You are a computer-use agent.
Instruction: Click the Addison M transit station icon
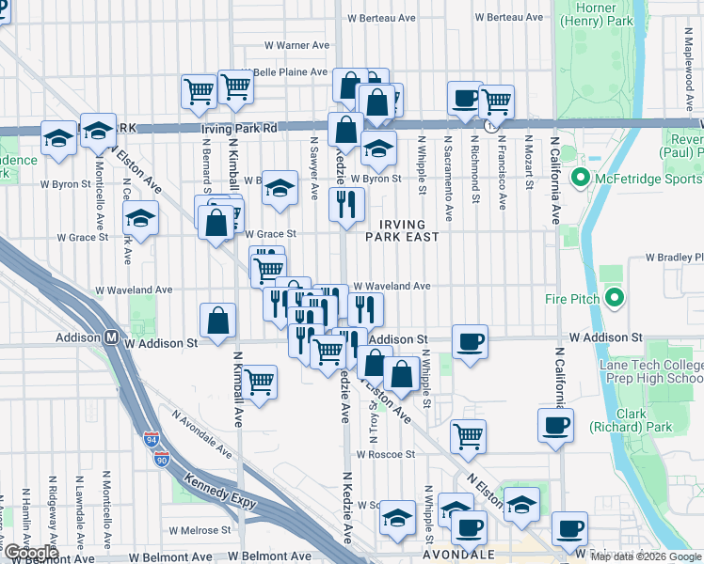[111, 337]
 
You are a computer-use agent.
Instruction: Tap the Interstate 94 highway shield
[152, 439]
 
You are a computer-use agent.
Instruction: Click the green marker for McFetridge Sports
[579, 178]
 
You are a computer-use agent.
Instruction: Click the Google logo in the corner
[30, 553]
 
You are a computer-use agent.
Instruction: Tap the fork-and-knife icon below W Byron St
[346, 204]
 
